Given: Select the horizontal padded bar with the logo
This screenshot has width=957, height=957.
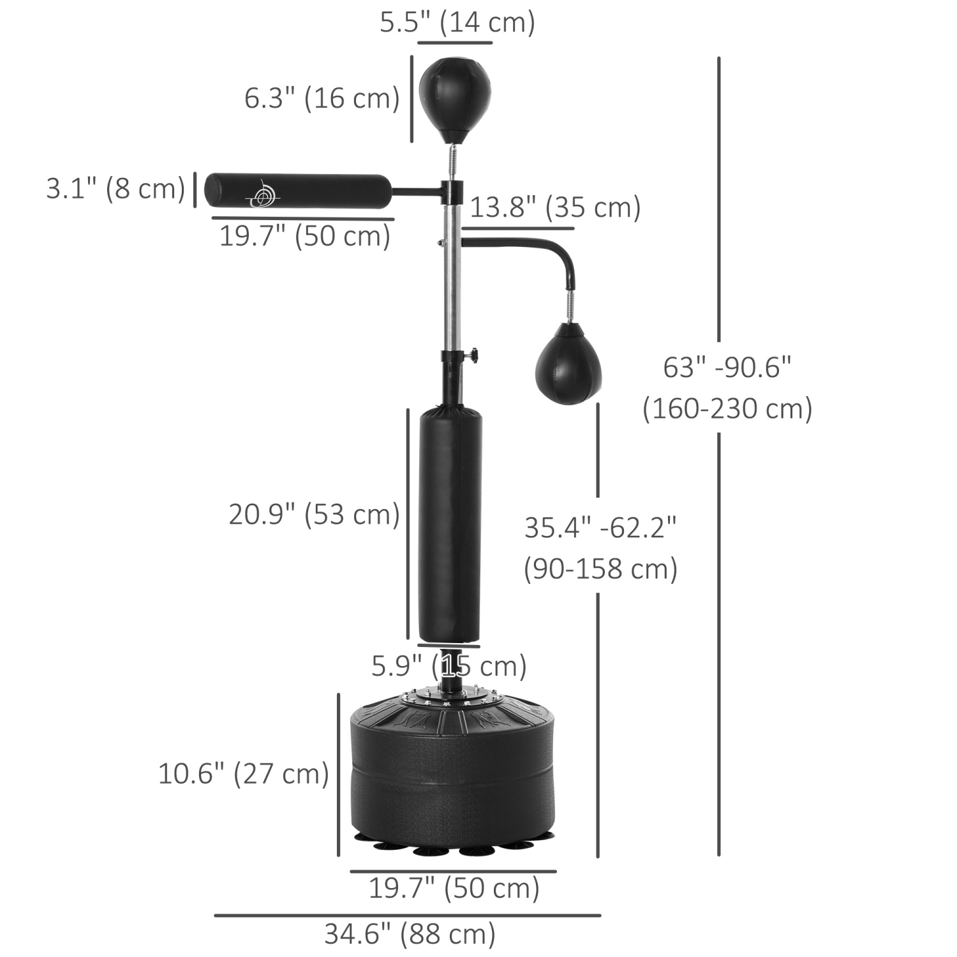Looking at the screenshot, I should click(x=298, y=191).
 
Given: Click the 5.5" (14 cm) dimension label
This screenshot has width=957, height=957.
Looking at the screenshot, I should click(x=457, y=22).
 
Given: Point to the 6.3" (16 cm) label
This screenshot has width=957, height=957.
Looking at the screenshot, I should click(x=322, y=98).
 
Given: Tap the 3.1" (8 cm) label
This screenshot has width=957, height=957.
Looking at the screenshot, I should click(x=115, y=189).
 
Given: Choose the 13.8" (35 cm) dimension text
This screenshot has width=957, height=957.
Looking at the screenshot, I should click(x=555, y=207).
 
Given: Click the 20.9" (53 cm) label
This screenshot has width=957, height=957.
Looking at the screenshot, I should click(x=314, y=514).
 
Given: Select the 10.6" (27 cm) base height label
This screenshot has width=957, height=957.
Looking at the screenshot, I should click(x=243, y=774).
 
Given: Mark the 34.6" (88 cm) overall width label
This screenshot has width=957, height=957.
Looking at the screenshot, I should click(x=410, y=934).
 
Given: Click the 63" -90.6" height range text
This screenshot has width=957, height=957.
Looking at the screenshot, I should click(x=727, y=367).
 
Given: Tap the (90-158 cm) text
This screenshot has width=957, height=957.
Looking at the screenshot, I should click(x=600, y=568).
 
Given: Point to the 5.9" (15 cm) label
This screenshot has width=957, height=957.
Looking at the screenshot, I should click(x=449, y=666).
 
